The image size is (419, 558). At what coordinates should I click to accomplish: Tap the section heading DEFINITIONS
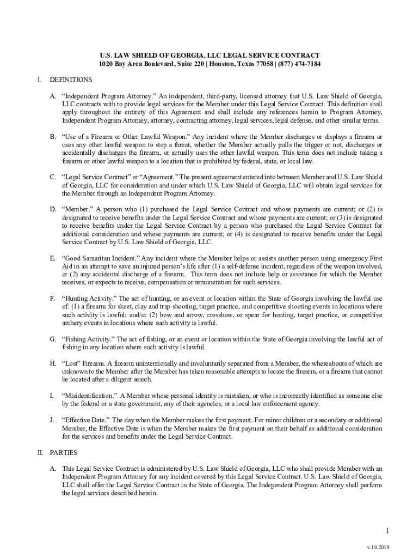tap(71, 80)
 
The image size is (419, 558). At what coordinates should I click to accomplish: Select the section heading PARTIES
tap(64, 453)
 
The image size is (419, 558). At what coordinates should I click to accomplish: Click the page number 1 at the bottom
tap(387, 531)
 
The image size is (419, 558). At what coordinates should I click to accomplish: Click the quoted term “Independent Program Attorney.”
tap(109, 95)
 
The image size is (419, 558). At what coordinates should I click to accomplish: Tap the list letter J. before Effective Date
tap(52, 420)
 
